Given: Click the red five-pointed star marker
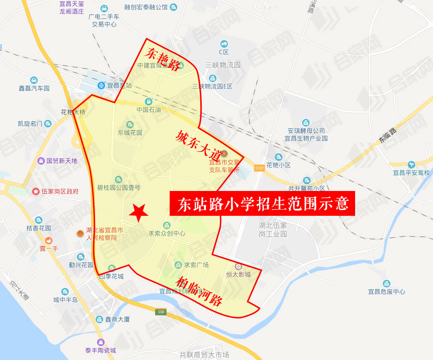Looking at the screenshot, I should coord(139,212).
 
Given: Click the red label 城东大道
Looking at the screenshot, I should coord(197,145).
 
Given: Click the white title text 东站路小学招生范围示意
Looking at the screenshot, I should coord(262,204).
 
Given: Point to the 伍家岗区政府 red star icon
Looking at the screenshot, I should coord(36,191).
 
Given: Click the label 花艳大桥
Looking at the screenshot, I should coord(73,112).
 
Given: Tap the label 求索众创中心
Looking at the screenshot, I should coord(166,234).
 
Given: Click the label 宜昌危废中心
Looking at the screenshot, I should coord(386,291).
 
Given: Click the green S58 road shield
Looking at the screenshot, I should coord(161,312).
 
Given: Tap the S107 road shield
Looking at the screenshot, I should coord(259,168).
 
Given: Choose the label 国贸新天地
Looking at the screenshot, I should coord(62,161).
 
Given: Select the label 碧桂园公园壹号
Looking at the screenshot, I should coord(119,187).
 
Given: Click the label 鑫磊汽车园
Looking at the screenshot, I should coord(34,88).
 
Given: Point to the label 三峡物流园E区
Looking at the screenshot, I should coord(212,86).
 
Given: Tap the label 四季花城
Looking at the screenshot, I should coord(111,276).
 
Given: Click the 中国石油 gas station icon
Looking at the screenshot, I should coord(149,101).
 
